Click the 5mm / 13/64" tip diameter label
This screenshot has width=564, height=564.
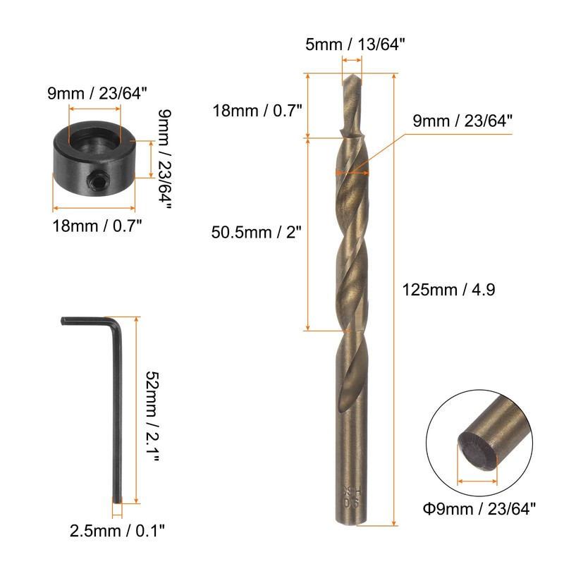click(355, 44)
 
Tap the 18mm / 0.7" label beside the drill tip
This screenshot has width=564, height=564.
click(257, 110)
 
